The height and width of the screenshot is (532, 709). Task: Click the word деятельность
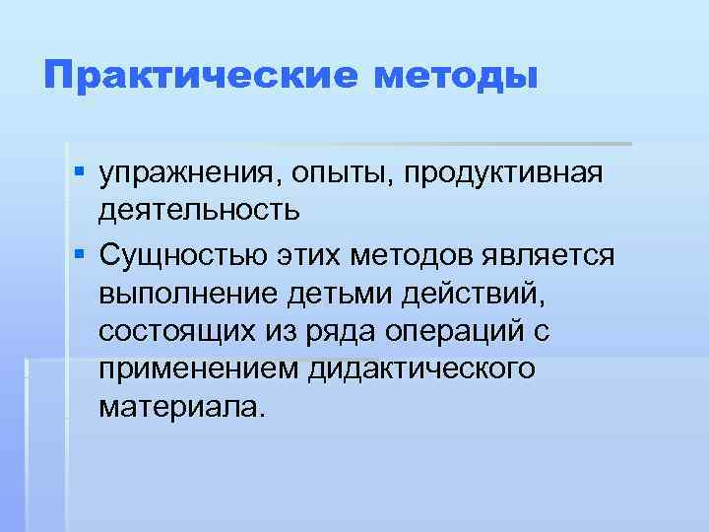pos(195,210)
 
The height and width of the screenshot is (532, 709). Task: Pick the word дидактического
pos(420,368)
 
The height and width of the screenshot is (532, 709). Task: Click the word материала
pos(182,406)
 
